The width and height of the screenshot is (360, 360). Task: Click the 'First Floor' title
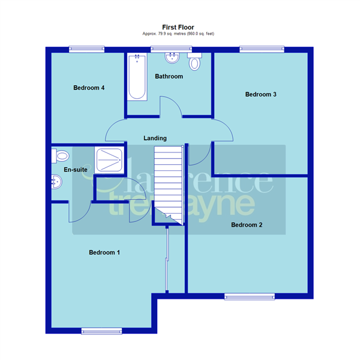point(178,27)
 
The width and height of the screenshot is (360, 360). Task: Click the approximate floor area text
point(178,34)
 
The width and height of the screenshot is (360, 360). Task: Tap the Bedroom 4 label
point(89,88)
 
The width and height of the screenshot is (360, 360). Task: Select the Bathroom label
point(169,77)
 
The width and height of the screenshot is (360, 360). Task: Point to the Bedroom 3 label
point(260,94)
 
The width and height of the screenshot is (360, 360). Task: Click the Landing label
point(155,139)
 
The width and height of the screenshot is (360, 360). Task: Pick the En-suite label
point(76,170)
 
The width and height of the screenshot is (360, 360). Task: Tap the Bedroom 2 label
point(247,225)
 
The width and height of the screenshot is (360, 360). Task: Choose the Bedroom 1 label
point(104,253)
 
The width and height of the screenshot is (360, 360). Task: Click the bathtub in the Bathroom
point(137,78)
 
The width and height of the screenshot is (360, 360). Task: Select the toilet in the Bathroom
point(194,62)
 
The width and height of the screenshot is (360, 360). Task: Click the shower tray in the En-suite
point(110,161)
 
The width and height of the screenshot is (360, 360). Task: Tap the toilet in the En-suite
point(60,156)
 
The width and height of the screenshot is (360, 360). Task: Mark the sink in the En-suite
point(57,182)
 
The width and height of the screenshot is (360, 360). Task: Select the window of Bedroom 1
point(101,331)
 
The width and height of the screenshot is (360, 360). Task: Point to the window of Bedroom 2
point(250,295)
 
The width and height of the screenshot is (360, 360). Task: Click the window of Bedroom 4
point(87,50)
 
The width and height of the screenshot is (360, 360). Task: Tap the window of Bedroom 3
point(260,50)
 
